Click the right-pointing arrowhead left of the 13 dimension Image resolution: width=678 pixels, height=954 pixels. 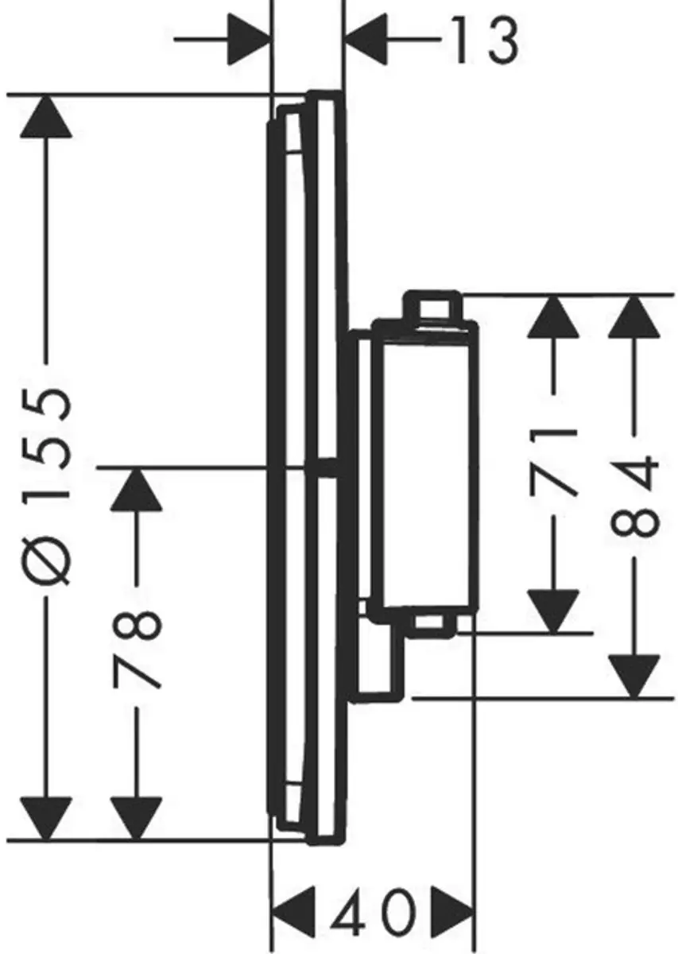[250, 40]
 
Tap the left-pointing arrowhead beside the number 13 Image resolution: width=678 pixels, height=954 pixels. [366, 40]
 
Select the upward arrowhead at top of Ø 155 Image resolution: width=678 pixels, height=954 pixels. [46, 116]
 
